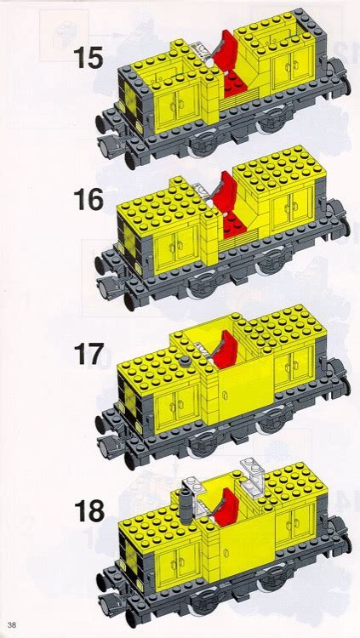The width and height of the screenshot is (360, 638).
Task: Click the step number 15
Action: pyautogui.click(x=88, y=59)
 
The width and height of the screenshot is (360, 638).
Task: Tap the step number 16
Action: pyautogui.click(x=88, y=201)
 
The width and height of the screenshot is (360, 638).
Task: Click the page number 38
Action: pyautogui.click(x=13, y=628)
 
